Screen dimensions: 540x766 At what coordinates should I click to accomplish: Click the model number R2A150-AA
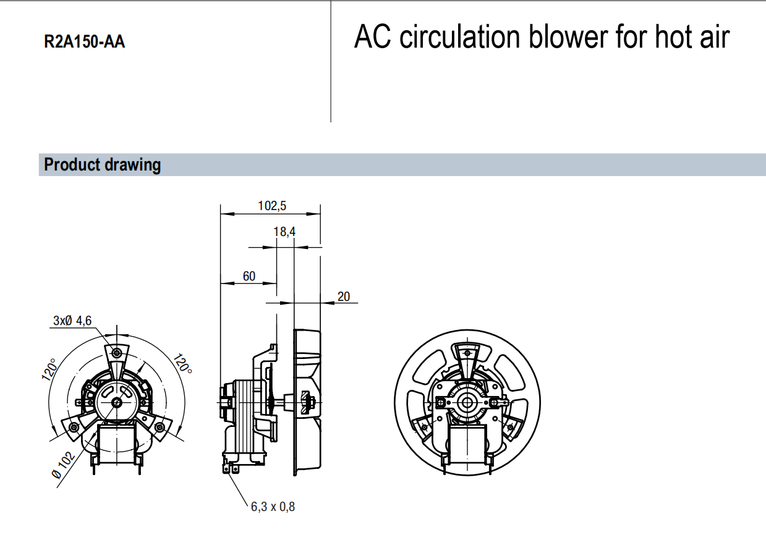click(85, 42)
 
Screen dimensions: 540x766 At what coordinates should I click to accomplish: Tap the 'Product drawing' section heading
click(103, 165)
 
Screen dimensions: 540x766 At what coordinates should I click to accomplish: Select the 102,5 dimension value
click(272, 205)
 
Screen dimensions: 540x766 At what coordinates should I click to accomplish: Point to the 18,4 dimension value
click(284, 232)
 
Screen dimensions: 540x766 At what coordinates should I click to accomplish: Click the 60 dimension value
click(249, 276)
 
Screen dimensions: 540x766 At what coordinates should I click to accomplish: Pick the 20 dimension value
click(344, 297)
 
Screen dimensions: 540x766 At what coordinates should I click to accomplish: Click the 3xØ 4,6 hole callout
click(72, 321)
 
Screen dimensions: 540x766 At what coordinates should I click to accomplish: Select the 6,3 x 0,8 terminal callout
click(273, 507)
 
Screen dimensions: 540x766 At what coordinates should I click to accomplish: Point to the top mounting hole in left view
click(117, 353)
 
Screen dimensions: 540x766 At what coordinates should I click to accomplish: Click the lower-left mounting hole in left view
click(74, 427)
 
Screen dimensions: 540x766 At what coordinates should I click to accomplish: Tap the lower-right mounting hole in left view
click(160, 427)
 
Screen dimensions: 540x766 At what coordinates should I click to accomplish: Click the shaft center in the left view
click(117, 402)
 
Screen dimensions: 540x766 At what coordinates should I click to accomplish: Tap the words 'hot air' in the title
click(692, 37)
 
